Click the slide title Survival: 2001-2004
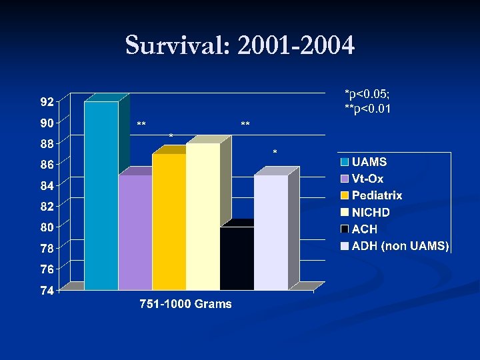(240, 46)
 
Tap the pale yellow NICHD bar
(203, 217)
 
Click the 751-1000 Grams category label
(185, 304)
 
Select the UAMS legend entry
(369, 162)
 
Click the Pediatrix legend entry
(377, 195)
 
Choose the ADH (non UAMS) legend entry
(400, 246)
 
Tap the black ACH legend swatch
(345, 229)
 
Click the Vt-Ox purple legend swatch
(345, 179)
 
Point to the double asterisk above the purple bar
(141, 125)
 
